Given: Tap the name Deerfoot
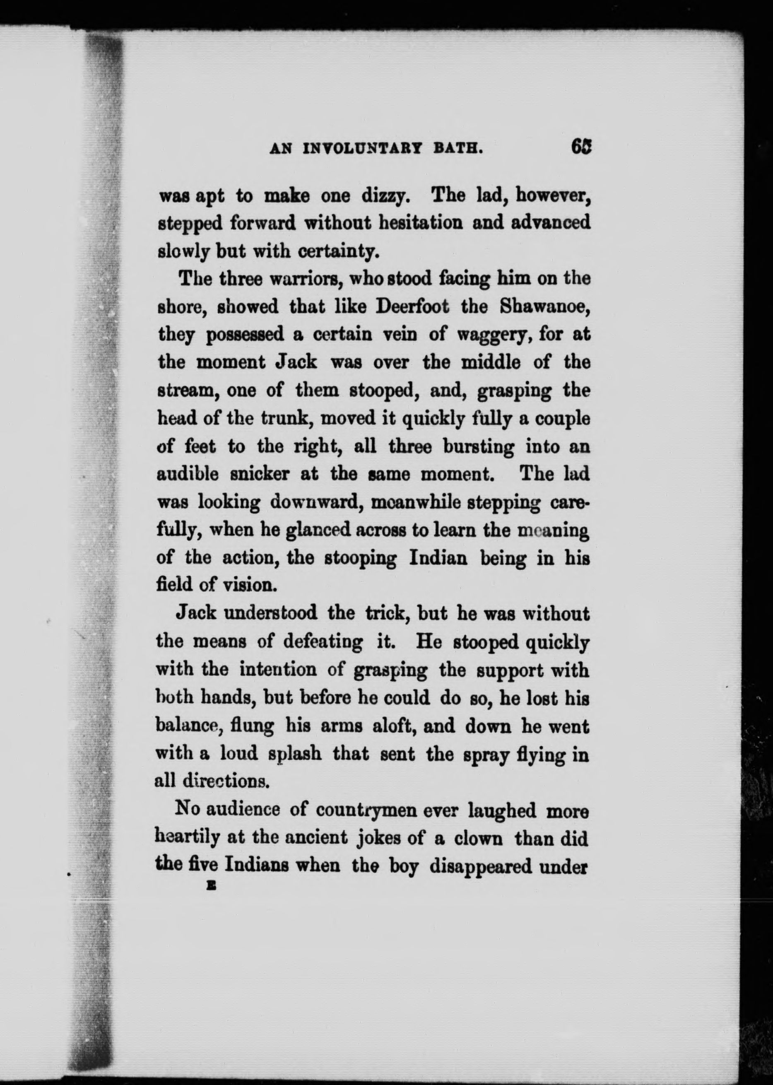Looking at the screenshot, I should [413, 306].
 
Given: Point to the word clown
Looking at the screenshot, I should [478, 838].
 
